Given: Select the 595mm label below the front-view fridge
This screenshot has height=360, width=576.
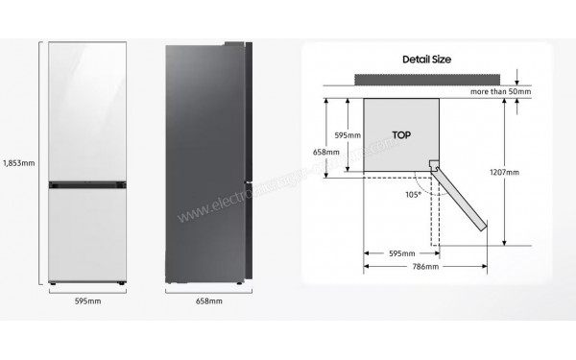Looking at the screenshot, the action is coord(87,301).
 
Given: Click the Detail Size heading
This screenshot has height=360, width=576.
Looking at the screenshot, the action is coord(427,60).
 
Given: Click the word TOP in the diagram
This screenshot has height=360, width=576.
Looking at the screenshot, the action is coord(404,134).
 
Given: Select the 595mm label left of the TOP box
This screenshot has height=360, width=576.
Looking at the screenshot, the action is coord(348,135).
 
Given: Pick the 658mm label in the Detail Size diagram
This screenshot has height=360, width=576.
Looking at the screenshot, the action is coord(325,151).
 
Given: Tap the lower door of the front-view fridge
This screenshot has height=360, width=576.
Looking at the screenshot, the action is coord(87,230).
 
